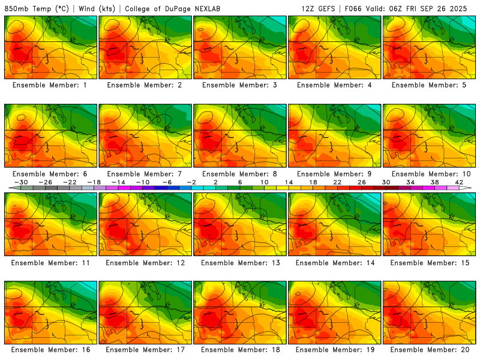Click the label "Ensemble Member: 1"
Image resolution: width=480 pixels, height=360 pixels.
[x=51, y=85]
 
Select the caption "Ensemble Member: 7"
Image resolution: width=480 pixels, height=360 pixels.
[x=146, y=174]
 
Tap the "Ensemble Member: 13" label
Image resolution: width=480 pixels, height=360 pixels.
[x=241, y=263]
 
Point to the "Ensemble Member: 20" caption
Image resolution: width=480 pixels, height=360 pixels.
[x=430, y=349]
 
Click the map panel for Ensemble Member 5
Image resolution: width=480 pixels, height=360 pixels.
[x=430, y=47]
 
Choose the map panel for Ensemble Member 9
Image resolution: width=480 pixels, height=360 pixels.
[x=335, y=136]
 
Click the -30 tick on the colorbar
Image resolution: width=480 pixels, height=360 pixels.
[x=21, y=182]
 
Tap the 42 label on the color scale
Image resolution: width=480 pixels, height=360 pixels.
[x=458, y=182]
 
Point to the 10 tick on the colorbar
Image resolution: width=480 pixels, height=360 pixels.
[x=264, y=182]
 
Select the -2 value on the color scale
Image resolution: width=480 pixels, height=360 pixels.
[x=191, y=182]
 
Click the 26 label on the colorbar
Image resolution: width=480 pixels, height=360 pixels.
[x=361, y=182]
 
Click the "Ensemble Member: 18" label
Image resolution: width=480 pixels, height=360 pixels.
[x=241, y=349]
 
